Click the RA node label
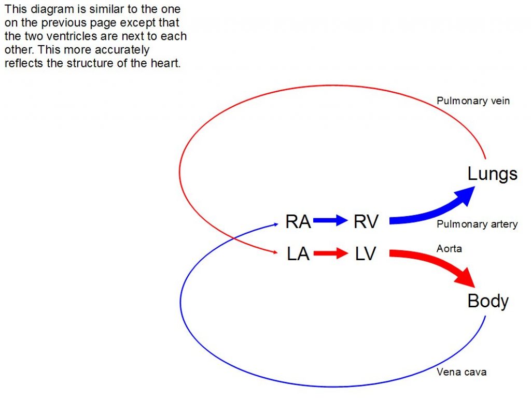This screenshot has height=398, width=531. [x=298, y=221]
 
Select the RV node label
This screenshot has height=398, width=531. [x=366, y=221]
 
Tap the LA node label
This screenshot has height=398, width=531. [x=298, y=254]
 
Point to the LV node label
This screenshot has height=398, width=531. [x=366, y=254]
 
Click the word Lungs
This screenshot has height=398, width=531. [x=492, y=174]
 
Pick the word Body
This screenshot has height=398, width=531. [x=488, y=301]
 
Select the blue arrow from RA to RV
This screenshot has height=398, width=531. [x=330, y=221]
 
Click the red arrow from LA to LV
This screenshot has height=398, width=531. [x=330, y=254]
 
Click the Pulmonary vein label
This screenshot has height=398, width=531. [x=473, y=101]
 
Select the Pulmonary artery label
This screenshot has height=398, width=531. [x=477, y=224]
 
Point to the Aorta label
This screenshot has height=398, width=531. [x=449, y=249]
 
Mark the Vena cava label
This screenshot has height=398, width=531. [x=461, y=372]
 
